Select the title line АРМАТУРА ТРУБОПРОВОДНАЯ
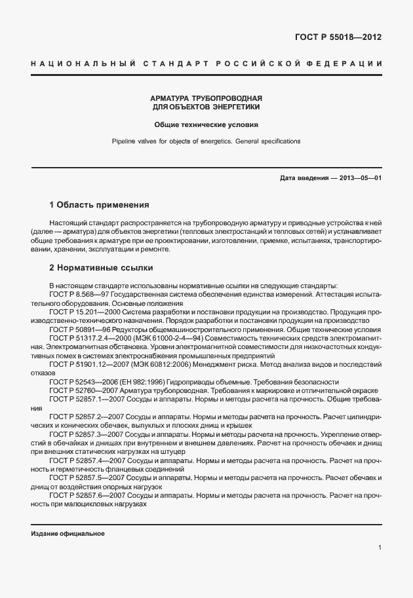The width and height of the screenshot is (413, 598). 206,97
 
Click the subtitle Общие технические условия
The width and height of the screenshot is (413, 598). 206,123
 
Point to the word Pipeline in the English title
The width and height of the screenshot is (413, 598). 124,141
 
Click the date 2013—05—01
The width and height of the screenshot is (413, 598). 359,178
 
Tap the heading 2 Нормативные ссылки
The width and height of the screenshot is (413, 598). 102,268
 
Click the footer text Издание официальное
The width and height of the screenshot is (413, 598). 68,533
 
